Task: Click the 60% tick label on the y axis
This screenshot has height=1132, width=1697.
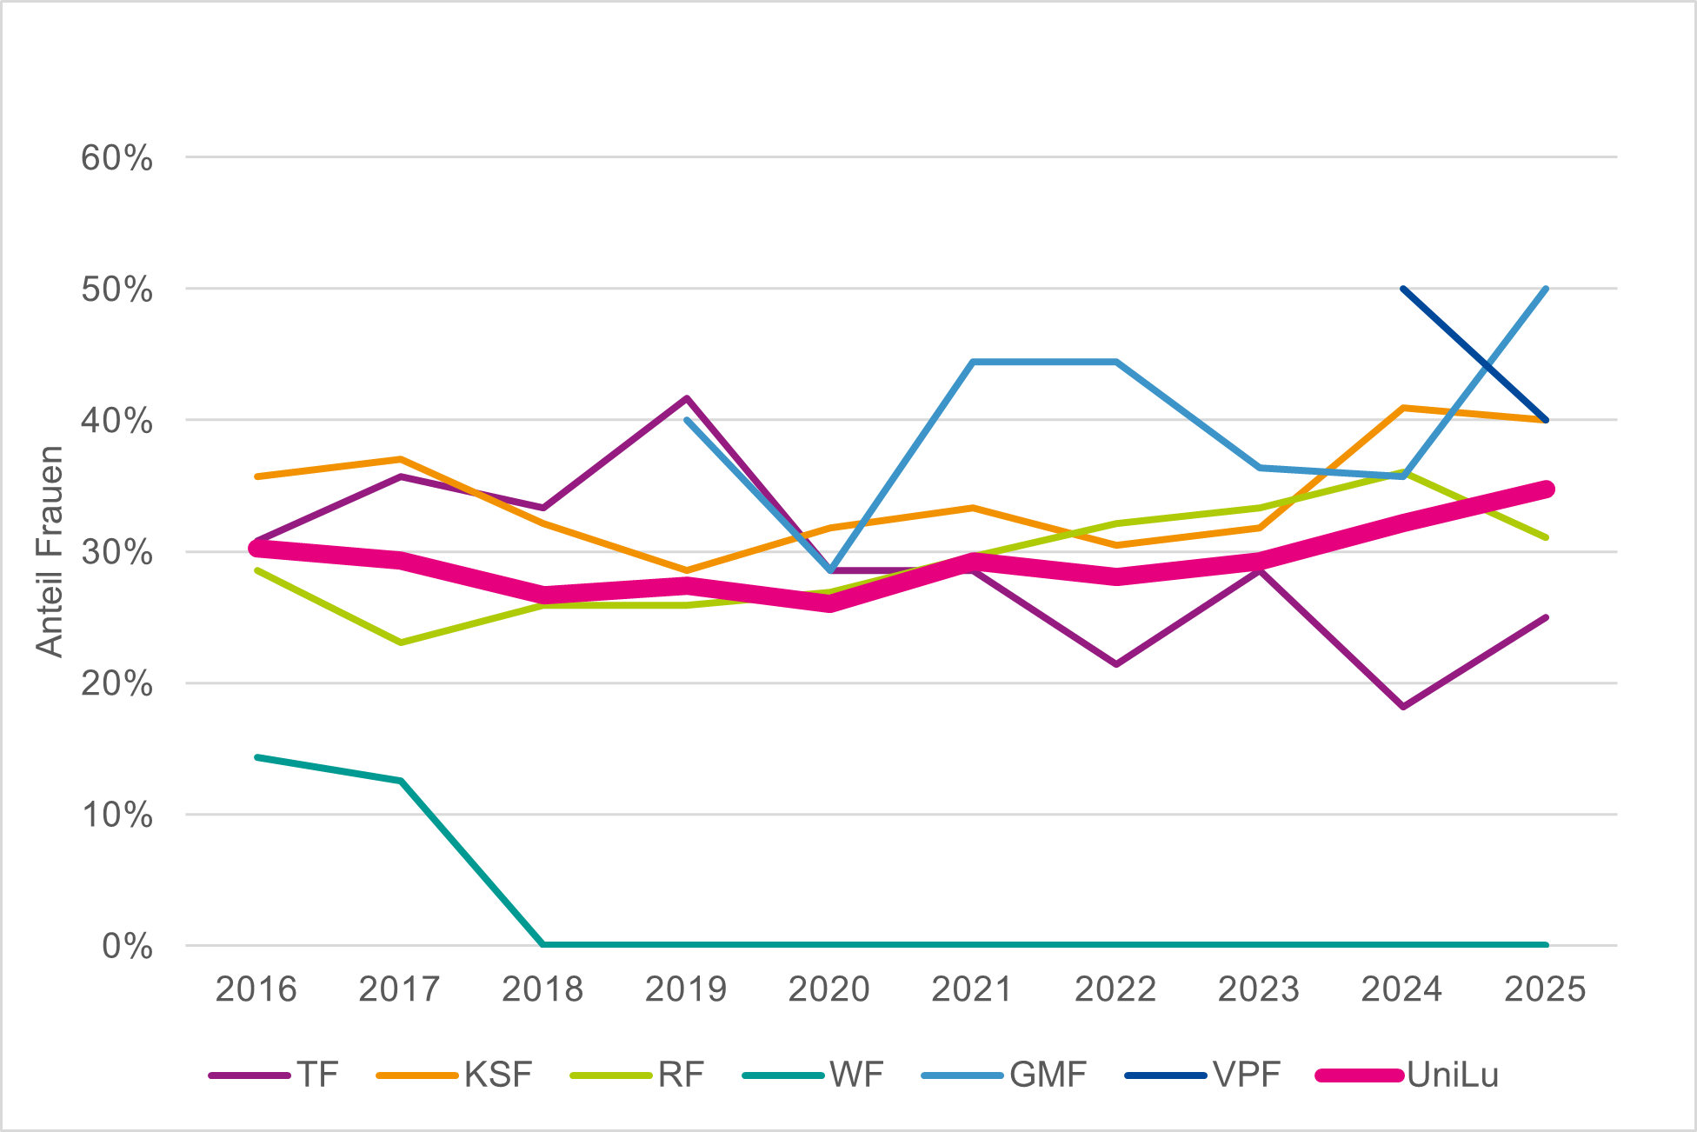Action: (x=116, y=158)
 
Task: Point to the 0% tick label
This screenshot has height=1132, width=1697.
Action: (x=127, y=946)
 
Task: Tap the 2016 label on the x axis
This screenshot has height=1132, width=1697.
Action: (x=256, y=989)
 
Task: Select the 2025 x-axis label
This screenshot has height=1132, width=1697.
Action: (x=1546, y=989)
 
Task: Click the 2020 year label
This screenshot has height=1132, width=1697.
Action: (x=829, y=989)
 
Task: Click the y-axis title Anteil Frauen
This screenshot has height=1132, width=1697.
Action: (x=50, y=551)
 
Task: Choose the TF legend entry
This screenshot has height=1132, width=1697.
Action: (x=274, y=1075)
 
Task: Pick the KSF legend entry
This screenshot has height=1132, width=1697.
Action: (x=454, y=1075)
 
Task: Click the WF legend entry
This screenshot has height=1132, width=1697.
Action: (x=813, y=1075)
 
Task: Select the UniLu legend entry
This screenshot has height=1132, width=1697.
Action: (x=1408, y=1075)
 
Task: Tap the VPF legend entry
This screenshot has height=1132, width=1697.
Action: (x=1202, y=1075)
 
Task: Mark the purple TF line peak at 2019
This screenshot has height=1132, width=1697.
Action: (x=687, y=398)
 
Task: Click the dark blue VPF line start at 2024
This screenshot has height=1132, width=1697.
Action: (x=1403, y=289)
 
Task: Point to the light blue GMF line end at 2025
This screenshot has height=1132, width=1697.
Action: (x=1546, y=289)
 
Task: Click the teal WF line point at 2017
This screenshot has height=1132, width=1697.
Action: (x=400, y=781)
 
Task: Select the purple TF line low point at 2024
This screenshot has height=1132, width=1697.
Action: (x=1403, y=706)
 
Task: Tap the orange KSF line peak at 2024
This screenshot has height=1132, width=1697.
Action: (x=1403, y=408)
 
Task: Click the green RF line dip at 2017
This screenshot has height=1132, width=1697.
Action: (x=400, y=643)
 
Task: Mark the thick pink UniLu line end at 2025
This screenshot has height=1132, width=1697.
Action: (x=1546, y=489)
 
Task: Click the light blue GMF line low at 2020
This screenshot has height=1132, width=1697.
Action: (x=830, y=570)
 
